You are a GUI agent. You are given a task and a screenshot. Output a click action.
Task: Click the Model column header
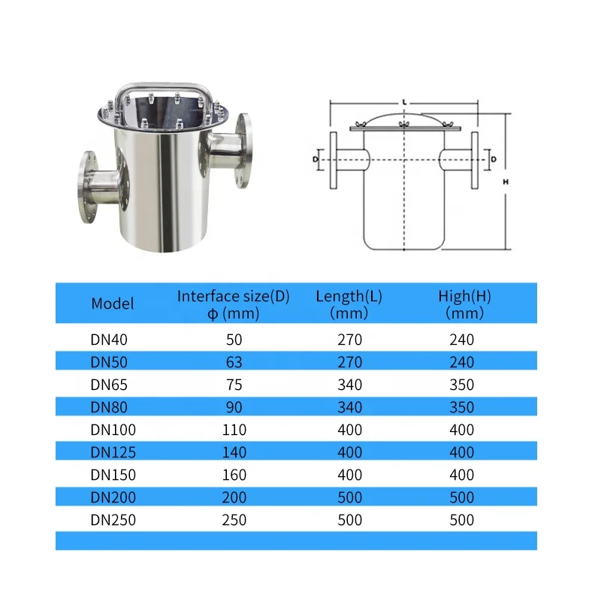coord(112,304)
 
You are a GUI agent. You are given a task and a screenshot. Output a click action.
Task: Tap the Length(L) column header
coord(349,304)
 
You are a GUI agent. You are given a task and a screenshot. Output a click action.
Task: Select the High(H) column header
coord(464,304)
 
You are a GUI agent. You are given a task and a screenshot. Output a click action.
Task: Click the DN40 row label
coord(109,340)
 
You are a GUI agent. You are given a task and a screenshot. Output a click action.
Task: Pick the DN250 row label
coord(113,520)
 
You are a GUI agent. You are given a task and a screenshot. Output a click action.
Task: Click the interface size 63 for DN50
coord(234,362)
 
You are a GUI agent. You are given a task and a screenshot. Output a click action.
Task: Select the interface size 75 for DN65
coord(234,385)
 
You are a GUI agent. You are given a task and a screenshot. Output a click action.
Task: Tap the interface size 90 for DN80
coord(234,407)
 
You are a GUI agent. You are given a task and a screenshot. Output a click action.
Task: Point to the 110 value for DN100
coord(234,430)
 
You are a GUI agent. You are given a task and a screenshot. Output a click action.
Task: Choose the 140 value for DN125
coord(234,453)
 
